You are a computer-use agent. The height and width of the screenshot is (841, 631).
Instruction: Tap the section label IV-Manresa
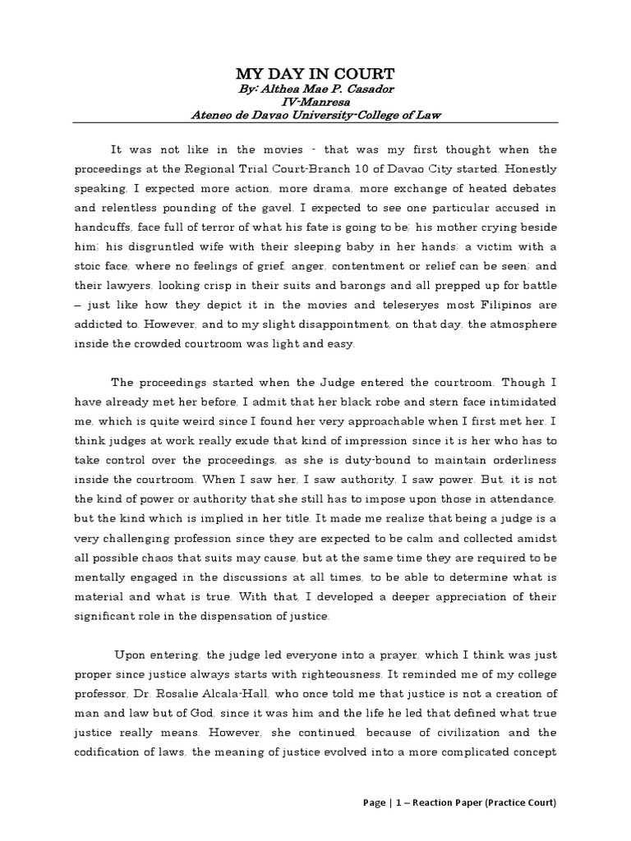[315, 103]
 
